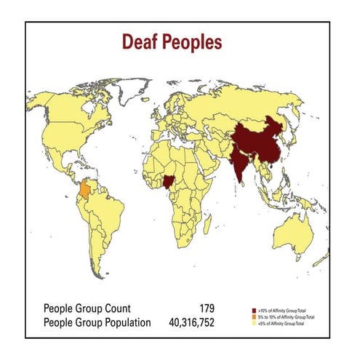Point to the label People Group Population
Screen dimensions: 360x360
click(97, 322)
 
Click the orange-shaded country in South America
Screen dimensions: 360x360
click(87, 190)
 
